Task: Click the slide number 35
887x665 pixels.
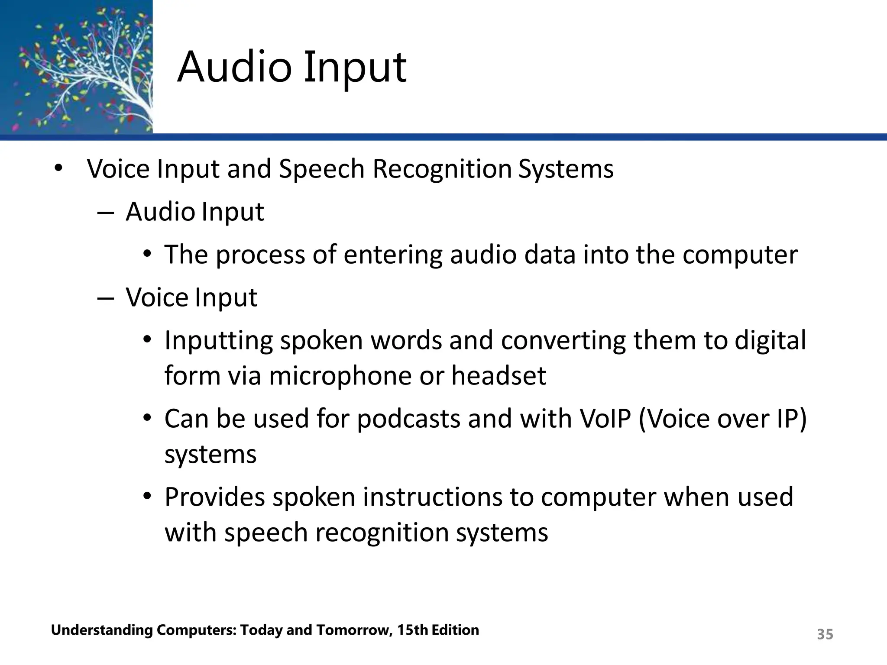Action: tap(825, 634)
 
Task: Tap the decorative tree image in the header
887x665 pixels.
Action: tap(76, 67)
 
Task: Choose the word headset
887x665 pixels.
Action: tap(499, 375)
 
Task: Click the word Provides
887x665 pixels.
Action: tap(214, 497)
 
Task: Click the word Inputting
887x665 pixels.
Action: tap(218, 341)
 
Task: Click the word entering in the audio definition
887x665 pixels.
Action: tap(392, 255)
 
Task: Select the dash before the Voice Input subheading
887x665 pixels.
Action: tap(106, 298)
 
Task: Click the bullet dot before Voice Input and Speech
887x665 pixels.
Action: tap(58, 169)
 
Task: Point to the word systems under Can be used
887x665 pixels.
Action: tap(210, 455)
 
